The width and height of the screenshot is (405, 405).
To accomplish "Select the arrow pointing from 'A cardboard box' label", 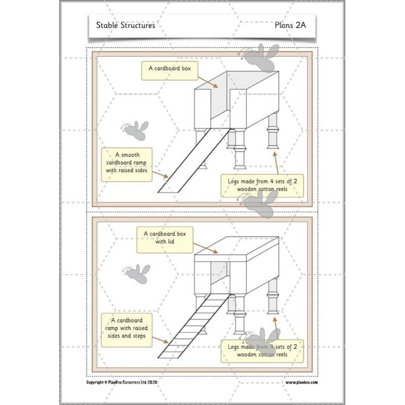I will click(208, 81).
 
